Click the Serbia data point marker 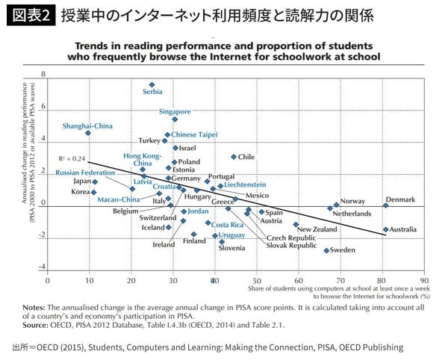point(152,85)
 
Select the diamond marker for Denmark point(386,205)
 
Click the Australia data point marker point(386,229)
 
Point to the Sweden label point(343,250)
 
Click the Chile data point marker point(234,157)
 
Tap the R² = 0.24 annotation point(72,159)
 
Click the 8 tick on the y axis point(44,75)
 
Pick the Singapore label point(175,111)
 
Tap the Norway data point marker point(337,204)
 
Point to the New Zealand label point(319,229)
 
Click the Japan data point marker point(95,181)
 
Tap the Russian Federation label point(85,173)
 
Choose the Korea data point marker point(94,193)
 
